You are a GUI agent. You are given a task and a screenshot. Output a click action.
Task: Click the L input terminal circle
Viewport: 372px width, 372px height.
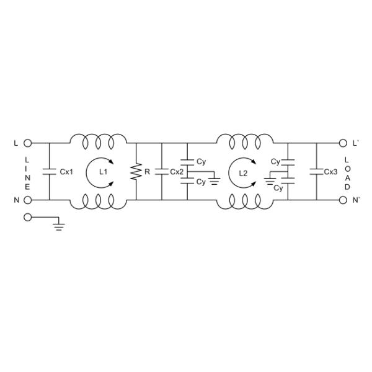pos(28,143)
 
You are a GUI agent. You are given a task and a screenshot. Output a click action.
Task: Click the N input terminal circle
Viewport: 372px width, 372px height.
pos(28,200)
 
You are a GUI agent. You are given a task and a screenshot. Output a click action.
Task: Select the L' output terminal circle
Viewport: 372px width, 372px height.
pos(343,143)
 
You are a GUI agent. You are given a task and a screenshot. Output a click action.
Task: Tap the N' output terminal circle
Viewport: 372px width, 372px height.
pos(343,200)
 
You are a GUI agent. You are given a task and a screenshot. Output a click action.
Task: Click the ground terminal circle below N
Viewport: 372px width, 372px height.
pos(28,217)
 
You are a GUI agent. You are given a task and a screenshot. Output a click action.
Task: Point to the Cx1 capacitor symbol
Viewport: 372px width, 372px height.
pos(50,172)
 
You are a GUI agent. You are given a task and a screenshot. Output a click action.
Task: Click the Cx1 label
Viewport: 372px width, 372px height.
pos(66,172)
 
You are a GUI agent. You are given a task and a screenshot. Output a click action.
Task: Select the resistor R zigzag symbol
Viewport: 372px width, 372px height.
pos(136,171)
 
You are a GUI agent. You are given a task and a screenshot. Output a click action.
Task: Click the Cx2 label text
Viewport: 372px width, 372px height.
pos(177,172)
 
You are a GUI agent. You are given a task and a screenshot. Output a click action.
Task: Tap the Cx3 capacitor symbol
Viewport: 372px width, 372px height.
pos(316,172)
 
